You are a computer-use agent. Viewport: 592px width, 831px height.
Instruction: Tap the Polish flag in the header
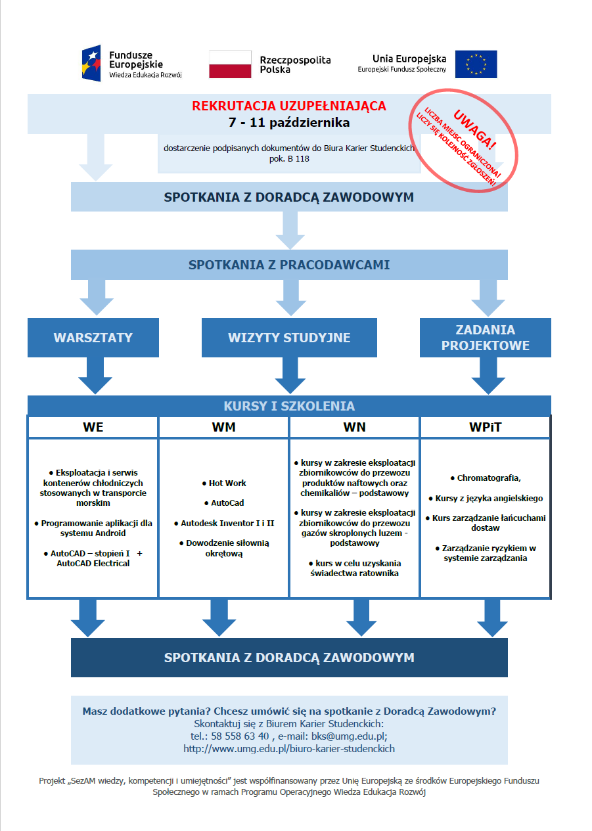[x=230, y=64]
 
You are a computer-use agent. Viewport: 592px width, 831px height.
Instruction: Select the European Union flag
[x=476, y=64]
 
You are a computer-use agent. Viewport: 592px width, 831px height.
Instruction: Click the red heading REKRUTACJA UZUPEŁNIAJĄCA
[x=289, y=106]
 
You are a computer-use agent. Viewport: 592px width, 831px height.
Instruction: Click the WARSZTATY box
[x=93, y=338]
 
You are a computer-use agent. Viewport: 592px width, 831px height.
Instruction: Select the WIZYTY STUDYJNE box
[x=289, y=338]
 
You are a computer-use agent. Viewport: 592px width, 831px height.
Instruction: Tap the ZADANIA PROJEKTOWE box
[x=486, y=338]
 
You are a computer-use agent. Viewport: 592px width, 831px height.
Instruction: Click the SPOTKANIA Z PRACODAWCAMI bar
[x=289, y=265]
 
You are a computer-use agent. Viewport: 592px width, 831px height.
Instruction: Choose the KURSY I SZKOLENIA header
[x=289, y=406]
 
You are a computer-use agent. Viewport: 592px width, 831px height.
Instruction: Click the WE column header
[x=93, y=427]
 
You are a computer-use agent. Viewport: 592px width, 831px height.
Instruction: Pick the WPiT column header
[x=486, y=427]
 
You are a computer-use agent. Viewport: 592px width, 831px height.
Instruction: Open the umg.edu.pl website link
[x=289, y=749]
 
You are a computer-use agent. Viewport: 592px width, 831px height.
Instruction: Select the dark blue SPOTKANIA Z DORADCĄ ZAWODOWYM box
[x=289, y=658]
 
